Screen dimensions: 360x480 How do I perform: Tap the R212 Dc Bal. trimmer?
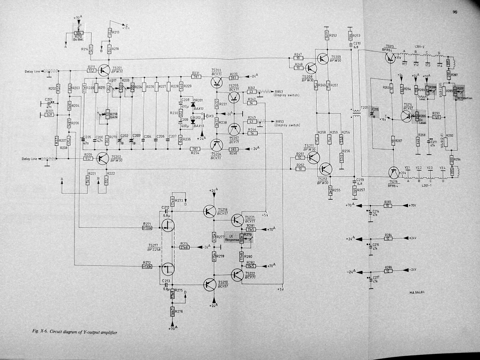(x=79, y=33)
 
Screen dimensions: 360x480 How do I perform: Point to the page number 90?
(x=455, y=12)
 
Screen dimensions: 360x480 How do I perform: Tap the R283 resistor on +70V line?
(x=388, y=206)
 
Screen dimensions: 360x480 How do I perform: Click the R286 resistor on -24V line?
(x=388, y=271)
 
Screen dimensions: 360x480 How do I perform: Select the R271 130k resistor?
(x=148, y=228)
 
